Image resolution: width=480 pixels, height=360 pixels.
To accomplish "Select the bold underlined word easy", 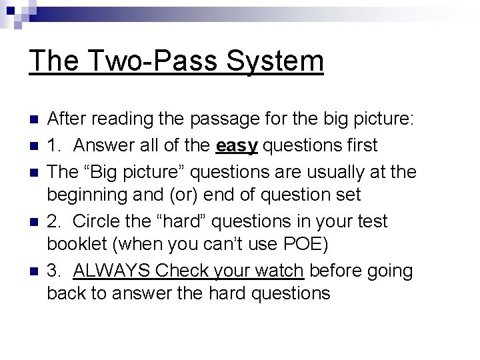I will pos(238,145).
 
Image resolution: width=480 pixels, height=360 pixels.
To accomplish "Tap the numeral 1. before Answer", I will pos(55,145).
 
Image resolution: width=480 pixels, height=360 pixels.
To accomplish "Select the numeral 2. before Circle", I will pos(55,221).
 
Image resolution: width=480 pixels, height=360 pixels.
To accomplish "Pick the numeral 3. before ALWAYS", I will pos(55,271).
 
